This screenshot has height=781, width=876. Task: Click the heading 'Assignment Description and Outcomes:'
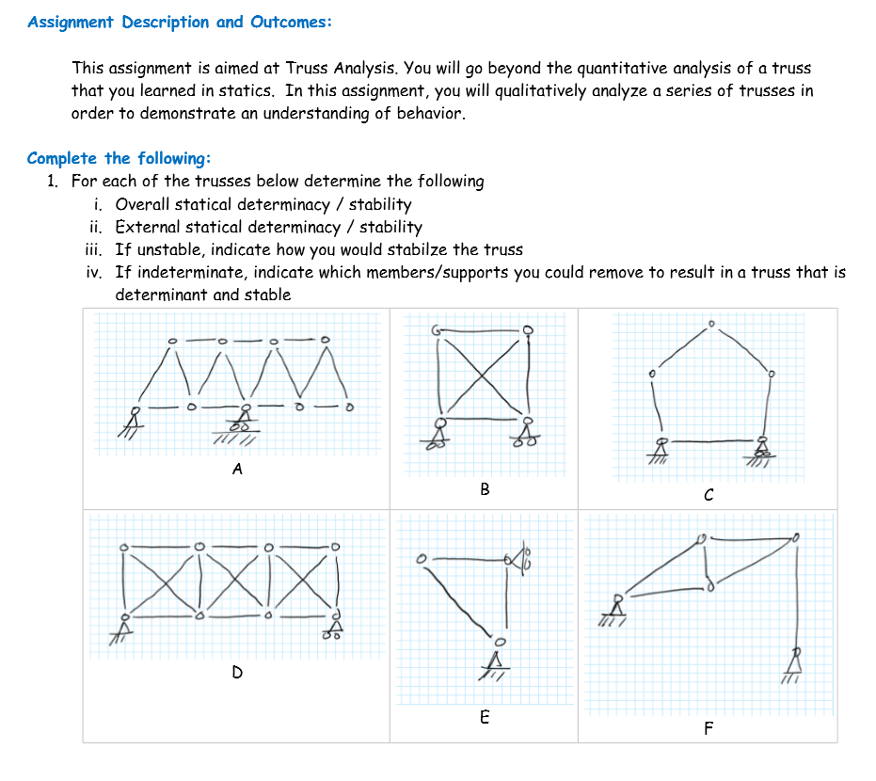180,22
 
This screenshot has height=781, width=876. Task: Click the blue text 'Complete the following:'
119,158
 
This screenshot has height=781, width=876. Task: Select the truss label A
237,469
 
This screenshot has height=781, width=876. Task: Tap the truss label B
485,488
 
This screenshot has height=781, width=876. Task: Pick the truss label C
709,494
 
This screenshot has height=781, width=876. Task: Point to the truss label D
237,672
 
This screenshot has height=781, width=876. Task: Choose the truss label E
485,717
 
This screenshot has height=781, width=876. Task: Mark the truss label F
709,728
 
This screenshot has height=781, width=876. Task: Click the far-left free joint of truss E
422,559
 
